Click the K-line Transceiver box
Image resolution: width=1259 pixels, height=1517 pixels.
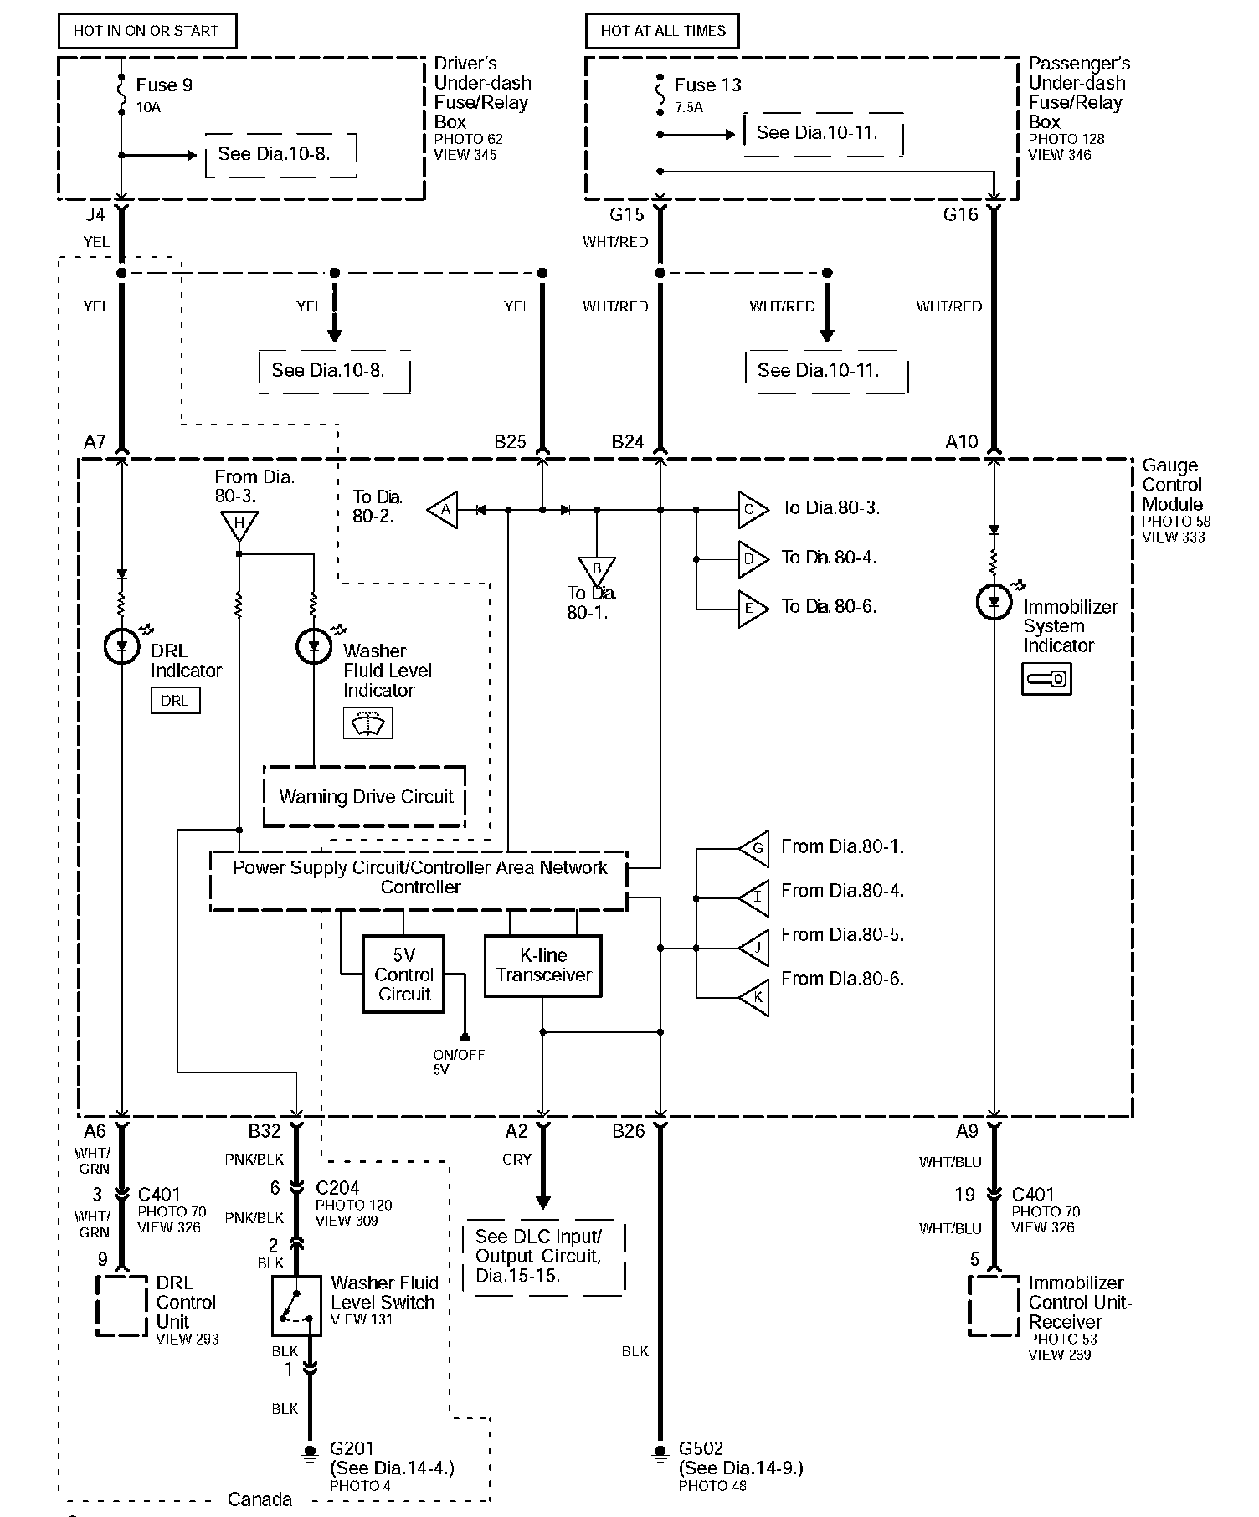pos(543,965)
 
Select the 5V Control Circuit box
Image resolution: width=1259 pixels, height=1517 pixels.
pos(403,974)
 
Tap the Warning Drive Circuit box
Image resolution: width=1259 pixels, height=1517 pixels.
pos(365,796)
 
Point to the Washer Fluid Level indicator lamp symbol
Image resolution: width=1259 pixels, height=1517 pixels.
pos(314,646)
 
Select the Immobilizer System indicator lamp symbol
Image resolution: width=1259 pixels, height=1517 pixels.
pos(994,602)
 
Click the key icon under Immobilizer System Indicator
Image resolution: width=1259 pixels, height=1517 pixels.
pos(1046,678)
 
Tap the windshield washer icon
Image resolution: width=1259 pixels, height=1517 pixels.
pos(367,723)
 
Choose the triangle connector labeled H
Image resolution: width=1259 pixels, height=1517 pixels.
pos(239,525)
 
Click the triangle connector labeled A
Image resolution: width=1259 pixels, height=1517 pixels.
pos(444,509)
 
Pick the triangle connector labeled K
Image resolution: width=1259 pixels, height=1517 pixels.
pos(754,997)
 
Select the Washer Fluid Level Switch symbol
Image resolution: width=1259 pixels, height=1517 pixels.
pos(296,1305)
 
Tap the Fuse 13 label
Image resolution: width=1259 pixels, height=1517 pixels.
pos(708,85)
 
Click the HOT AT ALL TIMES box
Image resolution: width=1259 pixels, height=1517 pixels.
pos(662,31)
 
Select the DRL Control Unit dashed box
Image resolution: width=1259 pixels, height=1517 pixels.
pos(122,1306)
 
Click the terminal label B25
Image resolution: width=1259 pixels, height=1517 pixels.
pos(510,441)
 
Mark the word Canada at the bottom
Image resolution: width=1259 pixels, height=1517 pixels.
pos(260,1499)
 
